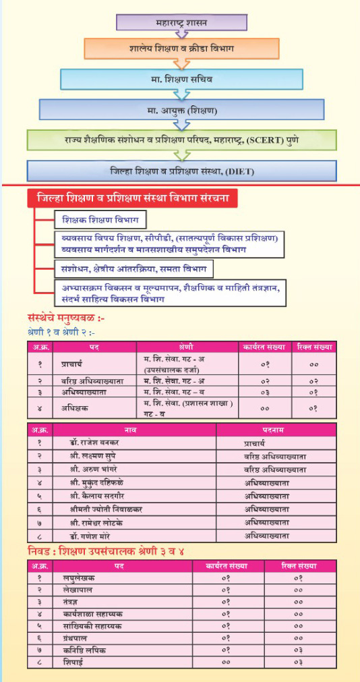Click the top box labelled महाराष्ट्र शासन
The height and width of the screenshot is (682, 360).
click(x=178, y=22)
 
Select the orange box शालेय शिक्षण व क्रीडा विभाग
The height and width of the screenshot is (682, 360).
click(x=178, y=49)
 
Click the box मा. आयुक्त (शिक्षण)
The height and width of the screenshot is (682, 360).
click(x=179, y=109)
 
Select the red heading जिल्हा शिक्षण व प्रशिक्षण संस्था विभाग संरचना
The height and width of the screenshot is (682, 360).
click(x=132, y=200)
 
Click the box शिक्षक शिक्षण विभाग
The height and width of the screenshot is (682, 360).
click(x=100, y=221)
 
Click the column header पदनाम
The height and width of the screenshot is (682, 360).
click(x=273, y=429)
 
